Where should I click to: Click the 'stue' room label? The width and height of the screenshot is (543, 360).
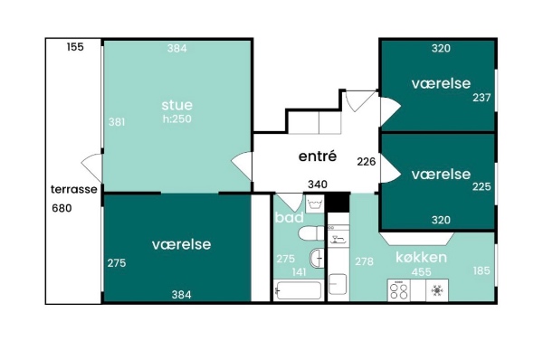(x=176, y=105)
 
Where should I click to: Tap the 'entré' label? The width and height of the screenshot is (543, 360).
(x=318, y=156)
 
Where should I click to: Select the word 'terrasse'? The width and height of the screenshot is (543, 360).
(x=74, y=189)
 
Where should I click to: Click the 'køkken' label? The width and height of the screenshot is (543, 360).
(x=421, y=257)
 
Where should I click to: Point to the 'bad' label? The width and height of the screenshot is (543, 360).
(x=290, y=217)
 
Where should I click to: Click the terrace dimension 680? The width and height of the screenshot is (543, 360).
(x=62, y=208)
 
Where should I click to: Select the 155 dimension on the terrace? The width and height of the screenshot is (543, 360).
(x=75, y=47)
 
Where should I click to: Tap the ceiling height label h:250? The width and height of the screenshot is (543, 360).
(x=177, y=118)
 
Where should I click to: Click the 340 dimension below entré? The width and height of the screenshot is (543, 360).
(x=318, y=185)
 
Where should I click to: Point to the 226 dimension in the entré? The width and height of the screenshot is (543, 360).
(x=367, y=161)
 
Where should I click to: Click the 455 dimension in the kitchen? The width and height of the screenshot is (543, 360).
(x=421, y=272)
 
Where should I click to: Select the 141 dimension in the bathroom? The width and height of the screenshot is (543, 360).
(x=299, y=272)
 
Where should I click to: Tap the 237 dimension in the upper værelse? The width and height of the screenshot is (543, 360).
(x=481, y=98)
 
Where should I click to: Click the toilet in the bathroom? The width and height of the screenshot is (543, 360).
(x=311, y=233)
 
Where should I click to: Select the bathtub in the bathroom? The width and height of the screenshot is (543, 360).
(x=298, y=290)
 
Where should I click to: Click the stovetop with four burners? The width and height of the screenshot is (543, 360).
(x=398, y=290)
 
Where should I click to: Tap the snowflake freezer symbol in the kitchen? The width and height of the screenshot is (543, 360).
(x=437, y=290)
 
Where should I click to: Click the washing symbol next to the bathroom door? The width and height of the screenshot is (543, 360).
(x=314, y=204)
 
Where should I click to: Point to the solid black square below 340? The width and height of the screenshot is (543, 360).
(x=338, y=203)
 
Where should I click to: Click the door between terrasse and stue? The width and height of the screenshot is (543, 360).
(x=93, y=168)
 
